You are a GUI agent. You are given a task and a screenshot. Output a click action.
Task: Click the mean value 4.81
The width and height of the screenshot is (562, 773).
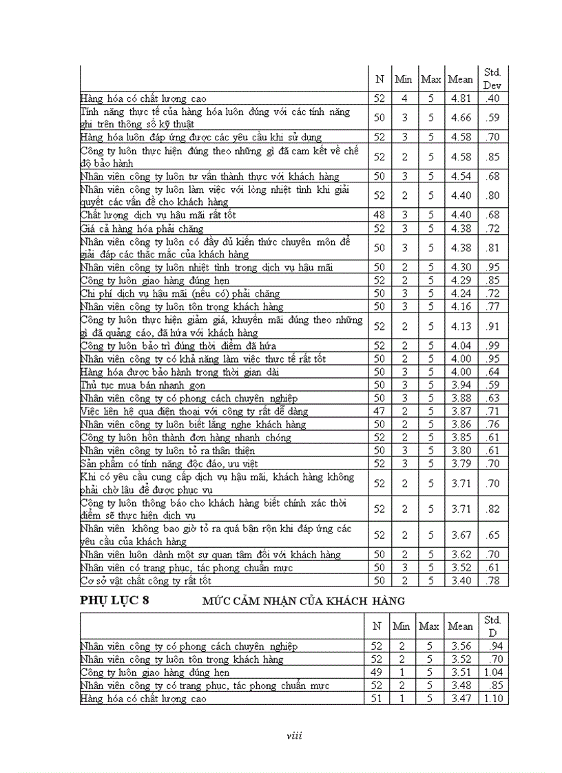pyautogui.click(x=461, y=98)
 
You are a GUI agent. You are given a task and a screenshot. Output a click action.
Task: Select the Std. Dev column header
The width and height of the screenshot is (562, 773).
pyautogui.click(x=492, y=78)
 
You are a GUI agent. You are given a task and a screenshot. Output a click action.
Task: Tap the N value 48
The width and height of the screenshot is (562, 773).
pyautogui.click(x=379, y=215)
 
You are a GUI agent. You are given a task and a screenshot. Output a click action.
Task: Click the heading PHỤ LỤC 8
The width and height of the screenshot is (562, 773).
pyautogui.click(x=114, y=600)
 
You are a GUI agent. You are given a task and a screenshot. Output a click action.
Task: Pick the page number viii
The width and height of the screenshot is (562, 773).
pyautogui.click(x=294, y=736)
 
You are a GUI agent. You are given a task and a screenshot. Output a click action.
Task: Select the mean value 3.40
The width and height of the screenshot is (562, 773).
pyautogui.click(x=461, y=581)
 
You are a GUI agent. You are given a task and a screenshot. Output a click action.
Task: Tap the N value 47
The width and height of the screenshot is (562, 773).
pyautogui.click(x=379, y=411)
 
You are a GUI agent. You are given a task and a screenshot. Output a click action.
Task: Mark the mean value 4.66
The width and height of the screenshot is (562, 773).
pyautogui.click(x=461, y=118)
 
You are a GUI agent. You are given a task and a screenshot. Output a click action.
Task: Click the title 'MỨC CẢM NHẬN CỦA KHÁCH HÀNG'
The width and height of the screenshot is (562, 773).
pyautogui.click(x=304, y=601)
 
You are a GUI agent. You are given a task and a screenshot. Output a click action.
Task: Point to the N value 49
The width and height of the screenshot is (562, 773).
pyautogui.click(x=377, y=673)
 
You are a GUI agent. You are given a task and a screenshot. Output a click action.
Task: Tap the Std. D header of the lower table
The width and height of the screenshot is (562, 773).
pyautogui.click(x=492, y=626)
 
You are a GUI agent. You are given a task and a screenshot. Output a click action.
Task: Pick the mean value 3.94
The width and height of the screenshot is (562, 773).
pyautogui.click(x=461, y=385)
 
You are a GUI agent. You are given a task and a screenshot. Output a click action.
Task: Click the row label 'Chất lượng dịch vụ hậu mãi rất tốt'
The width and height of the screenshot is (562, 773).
pyautogui.click(x=159, y=215)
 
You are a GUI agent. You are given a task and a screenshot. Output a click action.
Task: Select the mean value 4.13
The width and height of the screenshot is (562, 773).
pyautogui.click(x=461, y=326)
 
